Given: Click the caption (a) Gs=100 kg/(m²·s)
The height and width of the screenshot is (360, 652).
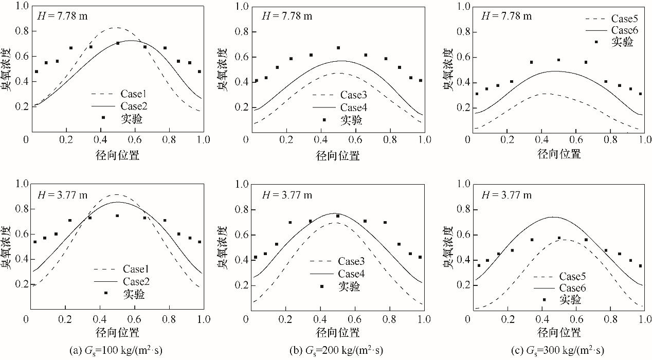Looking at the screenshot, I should (116, 351).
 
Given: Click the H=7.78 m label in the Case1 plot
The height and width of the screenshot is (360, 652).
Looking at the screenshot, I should (60, 15).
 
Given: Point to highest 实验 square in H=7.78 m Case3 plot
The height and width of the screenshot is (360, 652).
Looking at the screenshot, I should (338, 48).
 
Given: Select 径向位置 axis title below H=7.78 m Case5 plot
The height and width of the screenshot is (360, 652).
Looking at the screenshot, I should (559, 153).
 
